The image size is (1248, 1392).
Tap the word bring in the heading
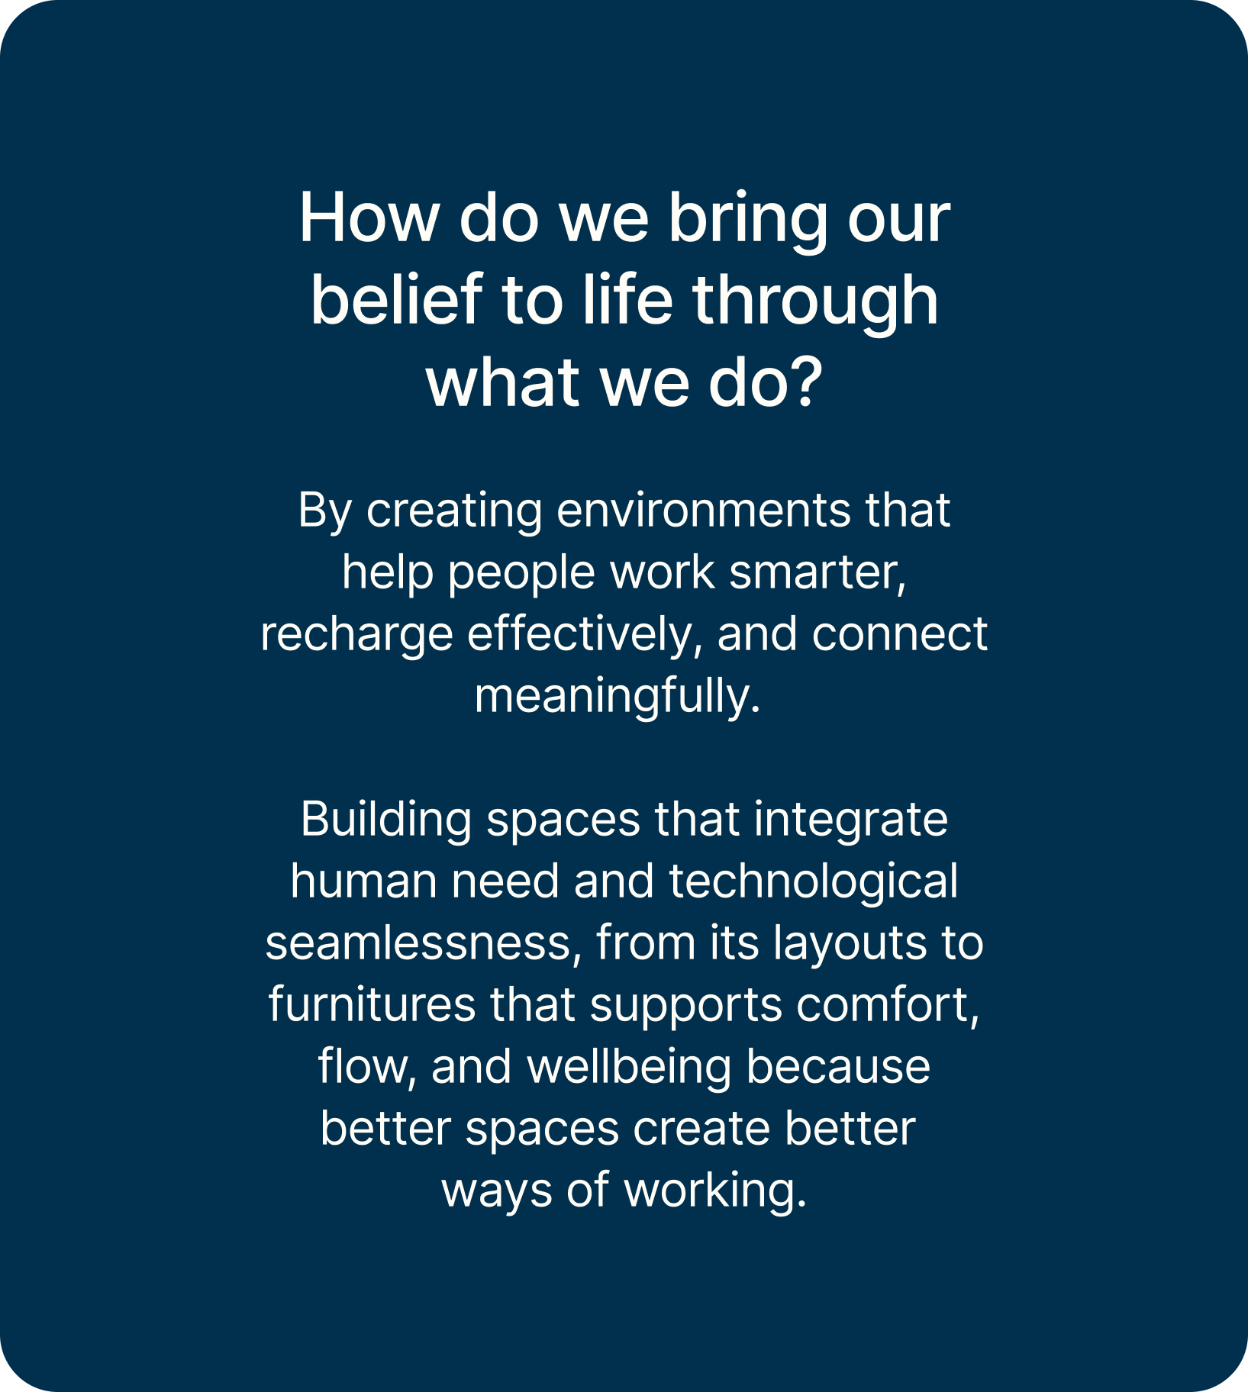(x=748, y=222)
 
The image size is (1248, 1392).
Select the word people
(x=521, y=575)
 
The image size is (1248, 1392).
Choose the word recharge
(x=357, y=638)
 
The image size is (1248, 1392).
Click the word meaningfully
(x=618, y=699)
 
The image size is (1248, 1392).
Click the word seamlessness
(x=418, y=945)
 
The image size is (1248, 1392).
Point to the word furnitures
(x=372, y=1004)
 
